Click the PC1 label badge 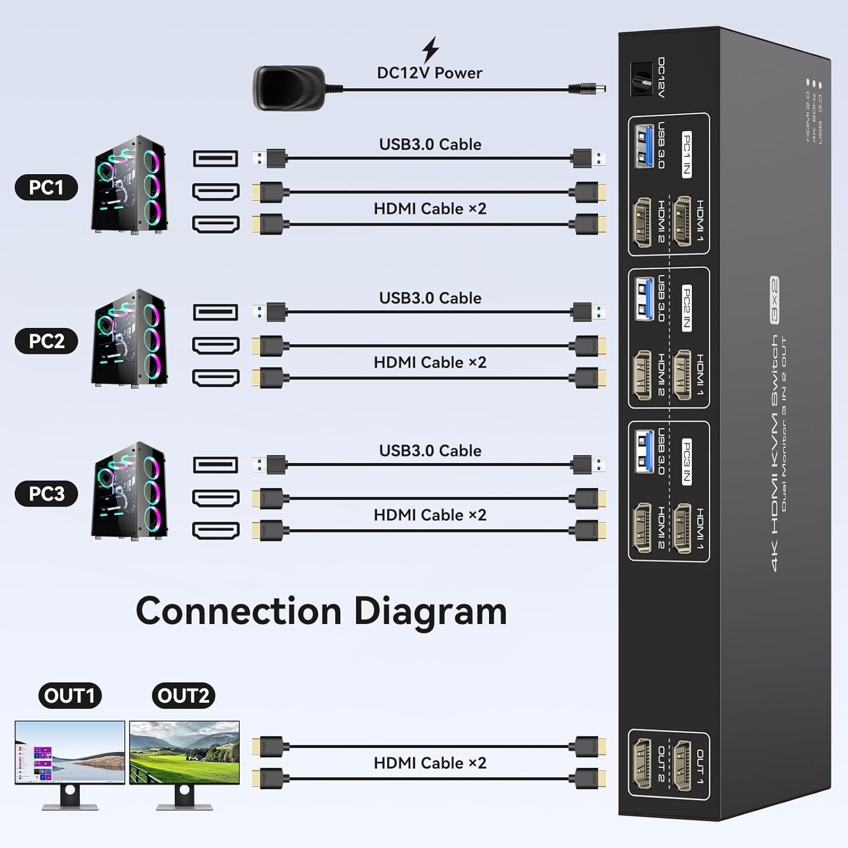click(46, 187)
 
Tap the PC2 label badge click(46, 341)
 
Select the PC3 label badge click(46, 494)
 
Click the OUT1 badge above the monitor click(70, 695)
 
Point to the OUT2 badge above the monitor click(183, 695)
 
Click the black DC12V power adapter click(289, 88)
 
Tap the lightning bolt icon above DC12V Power click(431, 49)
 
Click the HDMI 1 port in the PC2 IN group click(682, 374)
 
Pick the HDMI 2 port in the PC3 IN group click(643, 527)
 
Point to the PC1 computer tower click(129, 184)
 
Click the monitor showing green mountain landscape click(184, 752)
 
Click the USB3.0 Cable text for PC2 click(430, 298)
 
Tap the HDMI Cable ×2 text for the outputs click(430, 763)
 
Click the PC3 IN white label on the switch click(686, 461)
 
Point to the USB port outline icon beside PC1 click(215, 158)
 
